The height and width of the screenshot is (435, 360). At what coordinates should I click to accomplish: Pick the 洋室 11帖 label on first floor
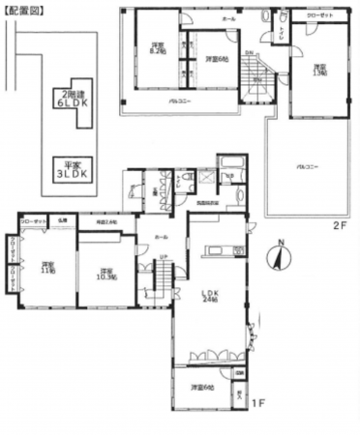click(x=45, y=268)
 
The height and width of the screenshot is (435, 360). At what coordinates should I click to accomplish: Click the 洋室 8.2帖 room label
click(x=157, y=48)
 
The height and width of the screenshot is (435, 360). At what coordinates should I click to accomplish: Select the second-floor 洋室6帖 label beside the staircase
click(x=217, y=60)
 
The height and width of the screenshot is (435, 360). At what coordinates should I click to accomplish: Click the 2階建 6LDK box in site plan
click(x=69, y=100)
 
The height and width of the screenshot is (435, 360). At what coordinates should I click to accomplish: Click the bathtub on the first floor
click(x=231, y=163)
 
